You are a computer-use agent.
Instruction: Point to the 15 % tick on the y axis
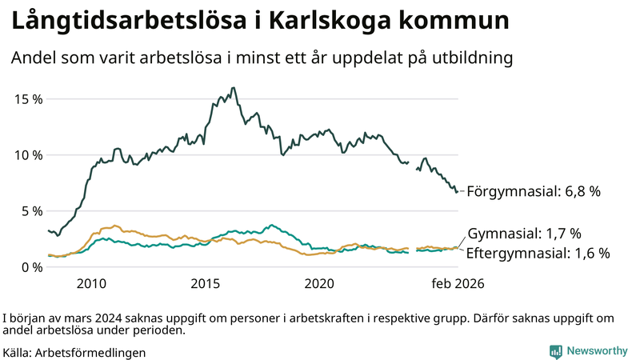(x=28, y=98)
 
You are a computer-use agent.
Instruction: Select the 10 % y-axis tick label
(x=28, y=154)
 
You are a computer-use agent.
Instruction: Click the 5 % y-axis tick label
(x=31, y=210)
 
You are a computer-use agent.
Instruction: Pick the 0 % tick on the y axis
(x=31, y=266)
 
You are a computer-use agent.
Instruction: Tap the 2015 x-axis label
(x=206, y=283)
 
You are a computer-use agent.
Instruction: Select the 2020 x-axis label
(x=320, y=283)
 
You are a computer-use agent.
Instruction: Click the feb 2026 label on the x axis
(x=458, y=283)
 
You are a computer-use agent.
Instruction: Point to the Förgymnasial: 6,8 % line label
(x=533, y=192)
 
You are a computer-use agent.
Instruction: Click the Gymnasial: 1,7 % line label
(x=524, y=234)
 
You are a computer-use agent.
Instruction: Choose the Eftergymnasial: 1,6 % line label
(x=538, y=253)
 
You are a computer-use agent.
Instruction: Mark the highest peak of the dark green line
(x=233, y=88)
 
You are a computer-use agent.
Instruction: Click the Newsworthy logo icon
(x=555, y=351)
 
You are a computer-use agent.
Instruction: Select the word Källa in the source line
(x=16, y=352)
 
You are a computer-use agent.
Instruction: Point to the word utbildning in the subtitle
(x=472, y=58)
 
